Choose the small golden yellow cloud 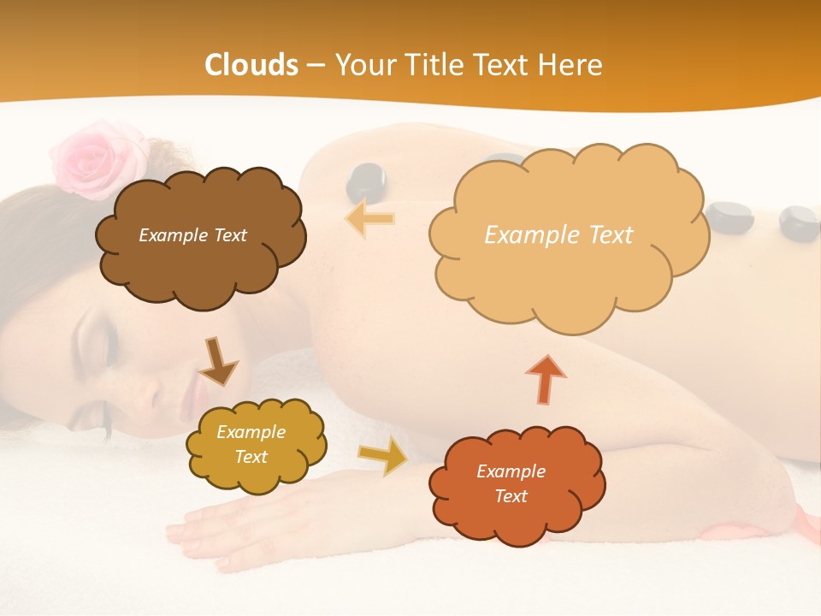tap(254, 444)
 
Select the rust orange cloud tap(516, 485)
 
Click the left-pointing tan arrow tap(370, 219)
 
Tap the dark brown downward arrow tap(218, 362)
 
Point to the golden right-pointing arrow tap(383, 455)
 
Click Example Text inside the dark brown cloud tap(192, 235)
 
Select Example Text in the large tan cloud tap(558, 235)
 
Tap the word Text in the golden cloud tap(251, 457)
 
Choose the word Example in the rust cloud tap(511, 471)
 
